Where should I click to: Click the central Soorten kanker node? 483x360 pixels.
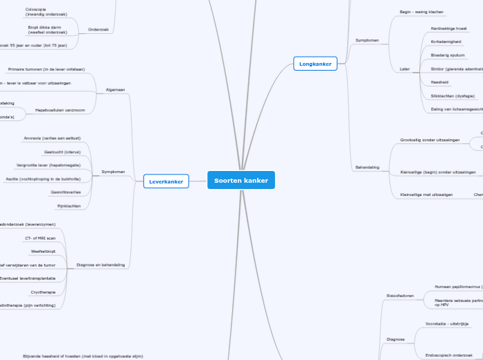click(x=241, y=180)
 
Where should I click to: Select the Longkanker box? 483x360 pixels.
click(x=315, y=64)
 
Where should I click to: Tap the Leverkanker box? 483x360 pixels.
click(x=166, y=181)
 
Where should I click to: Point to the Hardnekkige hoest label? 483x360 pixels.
click(x=448, y=28)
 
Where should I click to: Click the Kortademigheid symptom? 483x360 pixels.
click(x=446, y=42)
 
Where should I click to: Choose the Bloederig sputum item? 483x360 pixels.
click(x=448, y=55)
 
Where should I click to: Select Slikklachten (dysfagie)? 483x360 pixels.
click(x=453, y=96)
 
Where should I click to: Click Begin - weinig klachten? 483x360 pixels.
click(x=421, y=12)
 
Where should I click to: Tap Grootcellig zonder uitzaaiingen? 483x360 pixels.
click(x=430, y=140)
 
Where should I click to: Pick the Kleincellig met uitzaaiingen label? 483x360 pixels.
click(x=426, y=195)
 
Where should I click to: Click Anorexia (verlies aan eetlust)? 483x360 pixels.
click(x=52, y=138)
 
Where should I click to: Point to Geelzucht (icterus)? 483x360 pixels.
click(x=62, y=152)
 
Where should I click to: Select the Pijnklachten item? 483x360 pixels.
click(x=69, y=206)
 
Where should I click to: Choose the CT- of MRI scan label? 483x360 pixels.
click(x=45, y=237)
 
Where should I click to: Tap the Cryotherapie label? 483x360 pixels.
click(x=43, y=292)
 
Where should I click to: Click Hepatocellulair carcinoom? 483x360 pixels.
click(x=60, y=109)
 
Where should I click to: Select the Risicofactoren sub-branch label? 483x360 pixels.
click(x=400, y=296)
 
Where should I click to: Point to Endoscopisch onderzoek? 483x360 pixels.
click(x=448, y=354)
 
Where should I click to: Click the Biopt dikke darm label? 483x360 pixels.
click(x=47, y=29)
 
